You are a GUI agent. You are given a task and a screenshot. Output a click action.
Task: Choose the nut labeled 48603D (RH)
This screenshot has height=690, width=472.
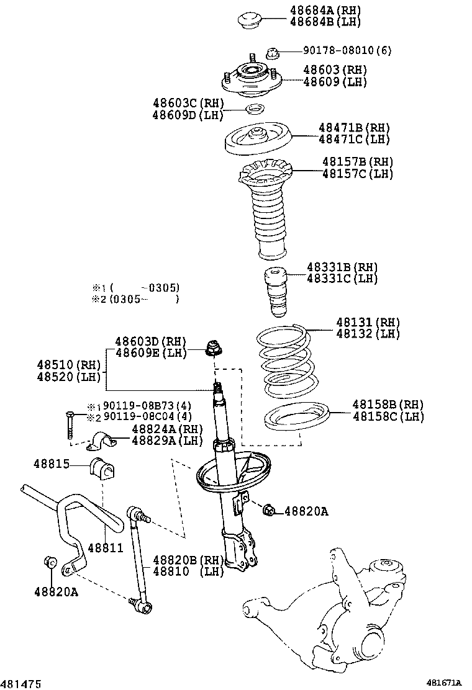[213, 348]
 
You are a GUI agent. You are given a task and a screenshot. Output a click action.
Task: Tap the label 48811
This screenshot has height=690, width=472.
[106, 549]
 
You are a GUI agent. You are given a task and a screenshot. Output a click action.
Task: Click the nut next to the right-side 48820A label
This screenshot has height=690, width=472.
[269, 510]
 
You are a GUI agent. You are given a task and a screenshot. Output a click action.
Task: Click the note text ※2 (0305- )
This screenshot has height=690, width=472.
[135, 299]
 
